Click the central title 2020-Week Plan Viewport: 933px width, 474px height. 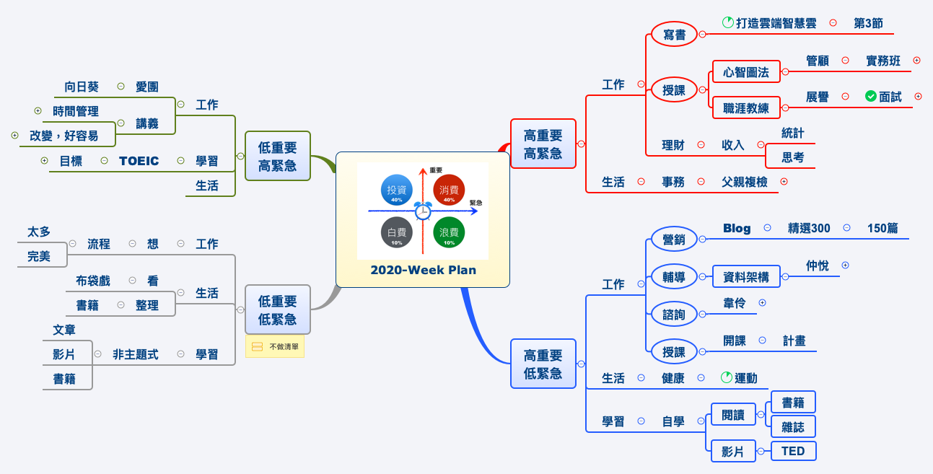(x=423, y=271)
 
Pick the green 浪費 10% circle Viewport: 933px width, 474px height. (x=449, y=232)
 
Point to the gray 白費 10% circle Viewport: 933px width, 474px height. (x=396, y=232)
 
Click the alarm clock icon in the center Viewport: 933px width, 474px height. (x=423, y=211)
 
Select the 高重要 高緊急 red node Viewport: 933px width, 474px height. (x=543, y=144)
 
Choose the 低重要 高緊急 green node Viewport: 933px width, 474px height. (x=277, y=156)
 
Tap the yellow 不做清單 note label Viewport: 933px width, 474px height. (x=275, y=347)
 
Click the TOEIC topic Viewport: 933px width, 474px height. (x=139, y=161)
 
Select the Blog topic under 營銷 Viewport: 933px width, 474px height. (x=737, y=228)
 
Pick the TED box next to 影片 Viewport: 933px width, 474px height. (x=793, y=452)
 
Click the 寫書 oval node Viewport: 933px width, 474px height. (x=674, y=34)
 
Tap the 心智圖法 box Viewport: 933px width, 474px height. (x=746, y=72)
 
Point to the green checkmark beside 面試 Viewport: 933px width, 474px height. (x=870, y=96)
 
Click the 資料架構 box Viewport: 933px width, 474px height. (x=746, y=277)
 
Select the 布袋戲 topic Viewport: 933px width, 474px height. (x=93, y=281)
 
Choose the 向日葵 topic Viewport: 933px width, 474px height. (x=82, y=87)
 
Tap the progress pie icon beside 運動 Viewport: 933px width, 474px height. (x=727, y=377)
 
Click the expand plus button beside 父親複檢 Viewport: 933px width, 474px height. (x=784, y=182)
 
